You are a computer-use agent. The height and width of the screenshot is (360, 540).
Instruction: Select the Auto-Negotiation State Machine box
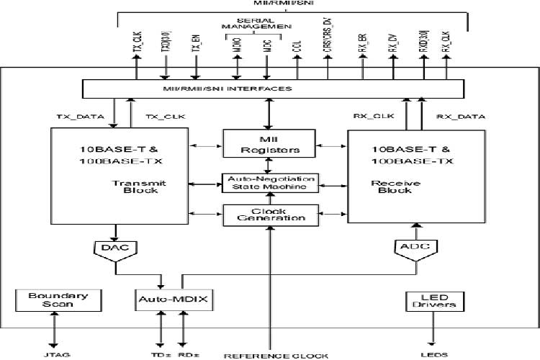coord(269,182)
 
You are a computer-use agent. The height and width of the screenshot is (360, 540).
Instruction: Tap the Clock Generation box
coord(269,214)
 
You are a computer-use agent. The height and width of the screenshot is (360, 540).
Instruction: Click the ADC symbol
coord(415,249)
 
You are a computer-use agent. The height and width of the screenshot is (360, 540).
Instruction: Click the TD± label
coord(160,354)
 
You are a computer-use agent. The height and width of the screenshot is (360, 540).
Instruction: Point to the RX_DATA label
coord(461,116)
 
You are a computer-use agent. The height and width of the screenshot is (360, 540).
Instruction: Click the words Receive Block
coord(389,187)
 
